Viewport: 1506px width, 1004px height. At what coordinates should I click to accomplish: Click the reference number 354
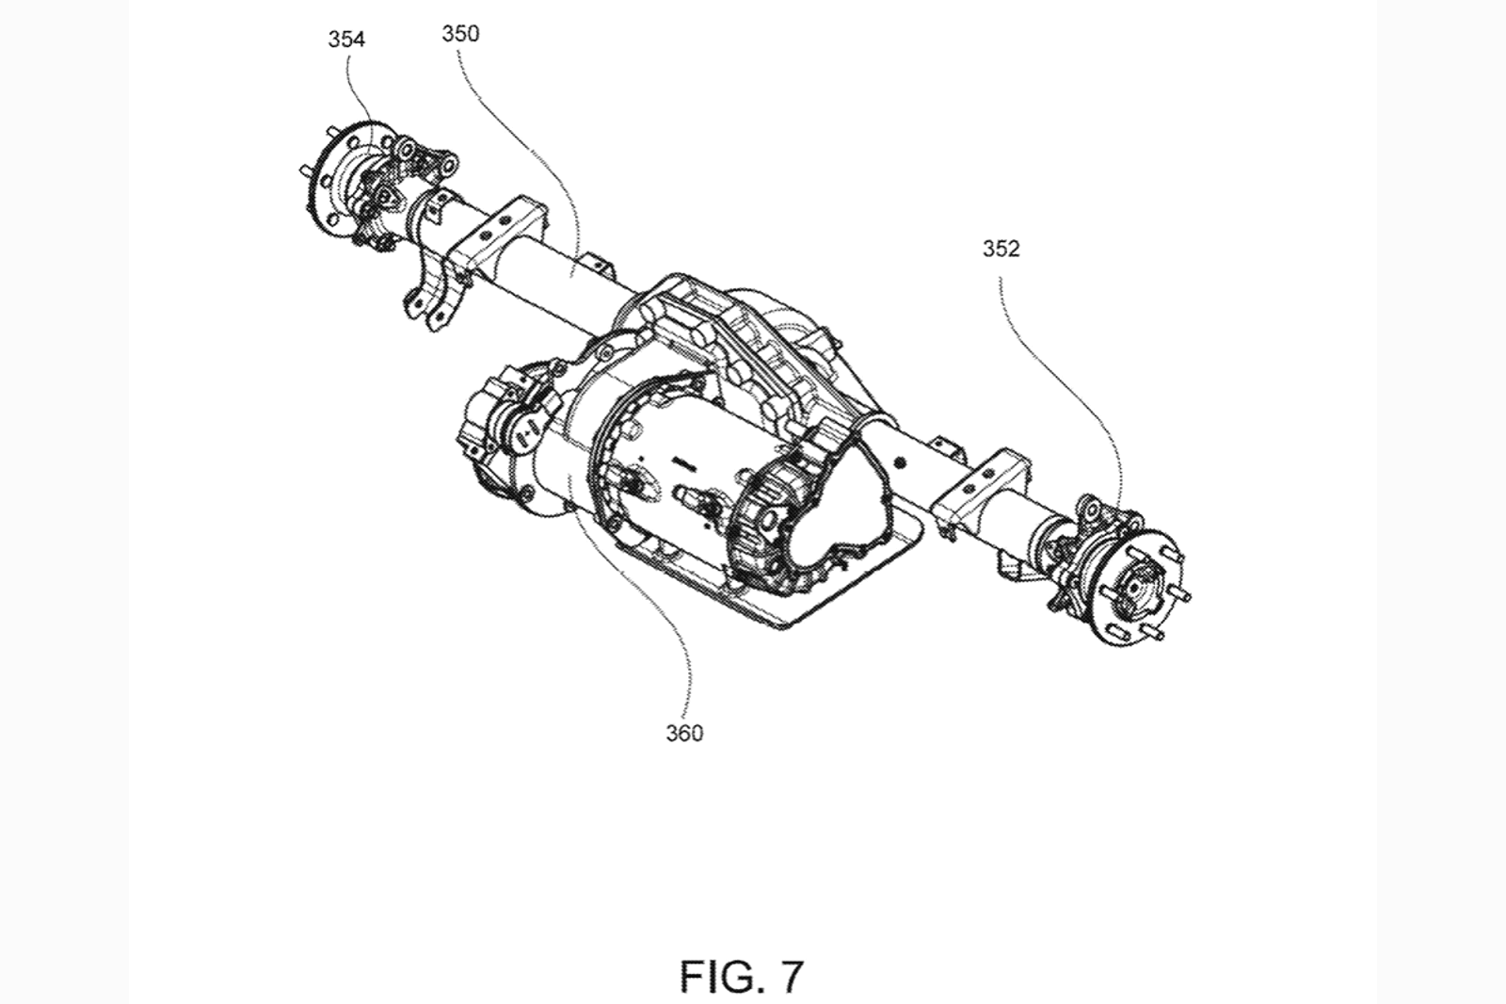pos(346,40)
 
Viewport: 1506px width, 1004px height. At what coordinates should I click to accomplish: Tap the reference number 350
pos(460,34)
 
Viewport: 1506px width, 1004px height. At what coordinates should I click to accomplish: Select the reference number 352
pos(1001,249)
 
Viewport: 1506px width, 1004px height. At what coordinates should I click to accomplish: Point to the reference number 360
pos(684,733)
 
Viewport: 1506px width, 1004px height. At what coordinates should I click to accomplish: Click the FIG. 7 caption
pos(742,977)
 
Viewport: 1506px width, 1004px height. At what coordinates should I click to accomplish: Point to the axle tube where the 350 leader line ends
pos(571,274)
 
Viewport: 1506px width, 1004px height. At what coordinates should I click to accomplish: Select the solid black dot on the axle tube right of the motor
pos(901,462)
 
